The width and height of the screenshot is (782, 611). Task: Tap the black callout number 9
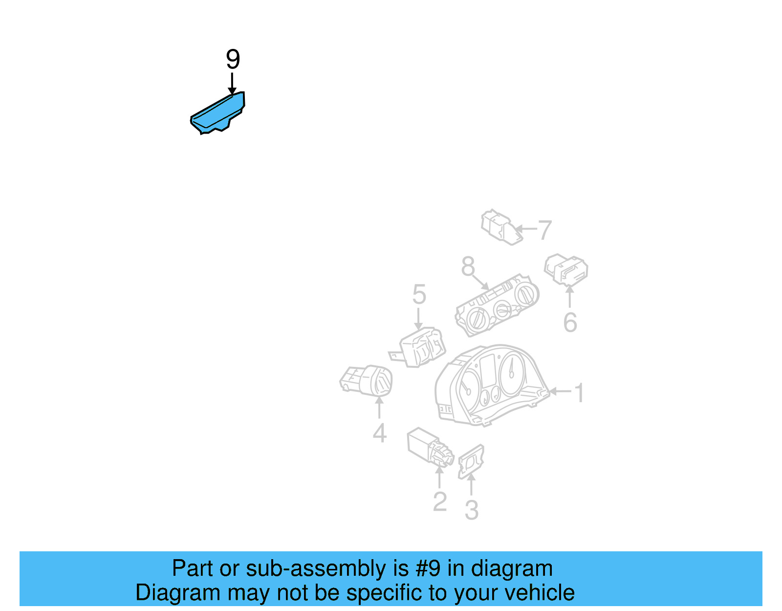[x=233, y=59]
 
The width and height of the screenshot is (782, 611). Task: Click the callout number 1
[x=579, y=392]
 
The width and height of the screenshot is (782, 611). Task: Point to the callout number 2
[x=439, y=501]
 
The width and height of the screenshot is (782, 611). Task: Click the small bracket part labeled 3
[x=471, y=461]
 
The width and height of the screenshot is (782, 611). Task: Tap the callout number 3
[x=471, y=510]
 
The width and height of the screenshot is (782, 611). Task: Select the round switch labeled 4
[x=367, y=381]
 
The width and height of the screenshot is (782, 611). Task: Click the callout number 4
[x=379, y=433]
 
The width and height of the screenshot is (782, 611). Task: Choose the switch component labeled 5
[x=421, y=347]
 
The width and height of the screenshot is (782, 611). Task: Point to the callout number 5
[x=419, y=294]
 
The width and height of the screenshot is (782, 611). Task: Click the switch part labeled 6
[x=566, y=269]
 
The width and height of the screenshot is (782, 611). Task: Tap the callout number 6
[x=570, y=322]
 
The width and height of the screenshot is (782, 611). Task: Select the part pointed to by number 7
[x=500, y=227]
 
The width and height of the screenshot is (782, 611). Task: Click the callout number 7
[x=544, y=229]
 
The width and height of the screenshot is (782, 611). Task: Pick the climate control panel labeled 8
[x=497, y=305]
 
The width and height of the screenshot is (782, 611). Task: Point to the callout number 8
[x=468, y=267]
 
